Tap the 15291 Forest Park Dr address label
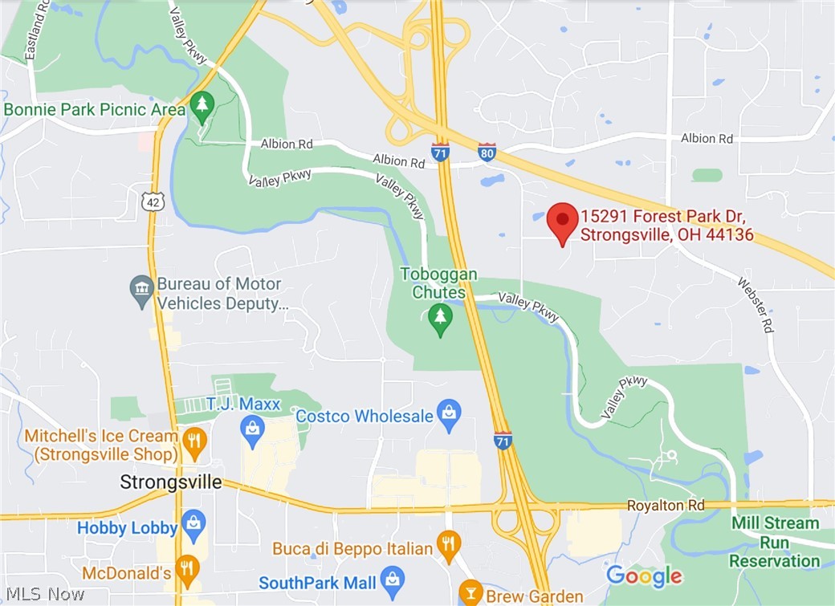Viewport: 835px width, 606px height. pyautogui.click(x=667, y=226)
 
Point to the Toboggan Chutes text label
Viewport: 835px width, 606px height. pyautogui.click(x=438, y=283)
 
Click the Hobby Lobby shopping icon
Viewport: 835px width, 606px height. pyautogui.click(x=193, y=527)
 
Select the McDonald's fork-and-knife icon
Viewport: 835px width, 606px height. pyautogui.click(x=187, y=571)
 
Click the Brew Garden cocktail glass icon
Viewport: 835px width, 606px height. pyautogui.click(x=470, y=594)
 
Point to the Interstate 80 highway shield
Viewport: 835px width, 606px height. pyautogui.click(x=487, y=152)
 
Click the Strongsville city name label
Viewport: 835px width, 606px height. pyautogui.click(x=170, y=482)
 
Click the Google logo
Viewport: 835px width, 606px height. pyautogui.click(x=643, y=576)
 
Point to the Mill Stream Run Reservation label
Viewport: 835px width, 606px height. pyautogui.click(x=775, y=542)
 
